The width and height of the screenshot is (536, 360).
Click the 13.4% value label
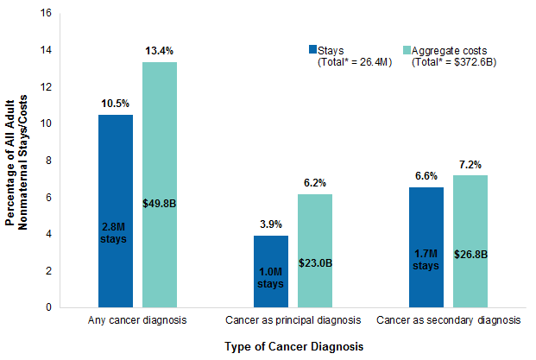160,51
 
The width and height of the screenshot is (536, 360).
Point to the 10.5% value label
116,104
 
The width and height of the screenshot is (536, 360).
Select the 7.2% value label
470,164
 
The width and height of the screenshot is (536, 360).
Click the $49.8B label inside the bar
160,203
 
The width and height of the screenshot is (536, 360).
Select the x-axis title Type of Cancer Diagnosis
293,345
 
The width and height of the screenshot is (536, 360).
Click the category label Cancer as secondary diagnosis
448,321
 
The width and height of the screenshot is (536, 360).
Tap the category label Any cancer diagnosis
137,321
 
